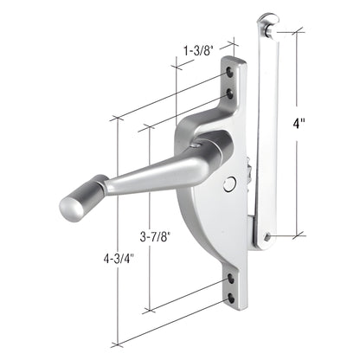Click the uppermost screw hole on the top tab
(228, 74)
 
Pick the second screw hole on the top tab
(229, 89)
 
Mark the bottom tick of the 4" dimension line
(298, 235)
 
